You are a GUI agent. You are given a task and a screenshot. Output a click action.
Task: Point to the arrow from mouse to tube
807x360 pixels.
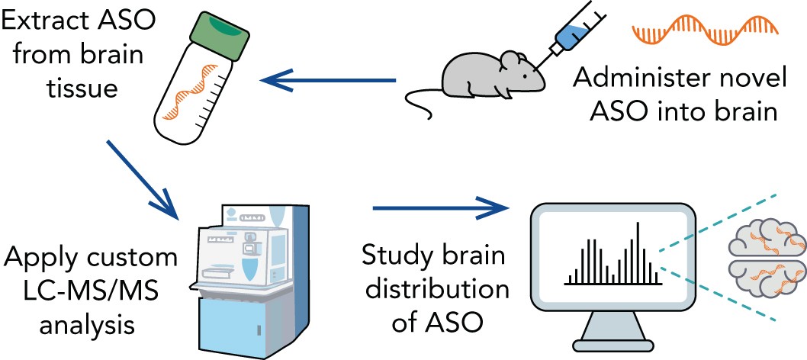pyautogui.click(x=328, y=79)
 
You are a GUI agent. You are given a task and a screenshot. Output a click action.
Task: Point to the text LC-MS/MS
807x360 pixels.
pyautogui.click(x=81, y=291)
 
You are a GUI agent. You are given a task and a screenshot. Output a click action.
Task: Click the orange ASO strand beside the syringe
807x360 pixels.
pyautogui.click(x=706, y=31)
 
